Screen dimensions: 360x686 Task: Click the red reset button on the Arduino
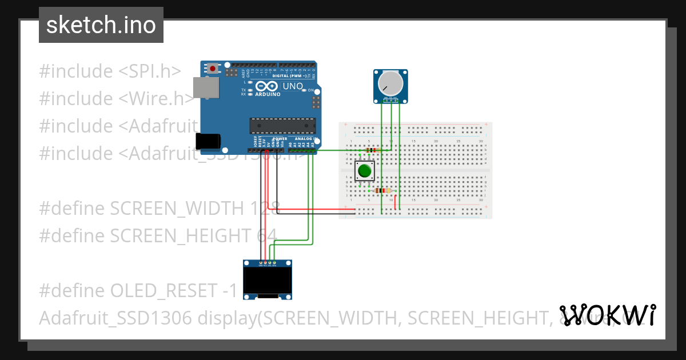pos(213,69)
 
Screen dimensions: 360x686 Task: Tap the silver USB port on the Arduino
pos(206,87)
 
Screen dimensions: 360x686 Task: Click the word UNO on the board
pos(293,86)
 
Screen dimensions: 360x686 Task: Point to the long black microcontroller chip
pos(282,125)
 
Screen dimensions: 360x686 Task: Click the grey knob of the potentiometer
pos(391,83)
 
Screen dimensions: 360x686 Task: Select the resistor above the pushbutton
pos(371,150)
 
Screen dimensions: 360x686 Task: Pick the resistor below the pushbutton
pos(385,190)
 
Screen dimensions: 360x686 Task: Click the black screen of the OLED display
pos(266,281)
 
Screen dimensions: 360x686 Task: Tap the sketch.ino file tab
pos(101,25)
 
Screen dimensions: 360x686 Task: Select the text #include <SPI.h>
pos(110,71)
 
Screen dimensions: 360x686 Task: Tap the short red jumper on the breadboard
pos(395,202)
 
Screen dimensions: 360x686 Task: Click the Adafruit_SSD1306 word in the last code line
pos(115,318)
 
